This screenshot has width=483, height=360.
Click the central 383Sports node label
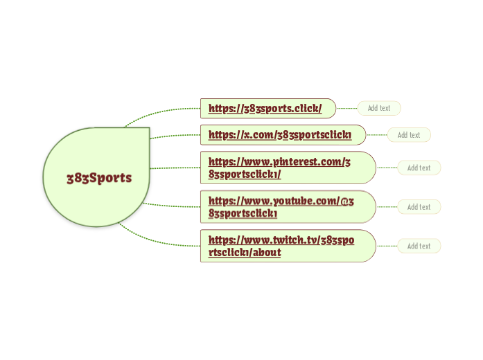click(99, 178)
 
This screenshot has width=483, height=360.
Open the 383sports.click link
click(265, 108)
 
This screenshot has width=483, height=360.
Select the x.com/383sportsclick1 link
click(280, 135)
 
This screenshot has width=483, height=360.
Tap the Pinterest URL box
click(288, 168)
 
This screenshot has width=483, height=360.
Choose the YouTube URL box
click(288, 207)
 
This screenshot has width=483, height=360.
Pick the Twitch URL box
click(288, 246)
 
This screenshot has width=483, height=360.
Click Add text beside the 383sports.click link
click(379, 108)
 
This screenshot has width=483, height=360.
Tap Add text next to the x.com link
click(409, 135)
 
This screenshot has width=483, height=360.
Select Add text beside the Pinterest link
click(419, 168)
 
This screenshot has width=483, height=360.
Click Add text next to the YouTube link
click(419, 207)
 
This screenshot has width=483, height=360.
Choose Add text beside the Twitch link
click(419, 246)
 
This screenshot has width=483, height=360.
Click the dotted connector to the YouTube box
click(172, 206)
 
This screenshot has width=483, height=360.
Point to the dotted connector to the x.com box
click(175, 136)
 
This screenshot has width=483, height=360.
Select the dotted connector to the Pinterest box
click(175, 168)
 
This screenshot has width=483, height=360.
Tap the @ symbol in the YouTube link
click(344, 201)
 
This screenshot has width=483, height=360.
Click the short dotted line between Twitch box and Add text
click(387, 246)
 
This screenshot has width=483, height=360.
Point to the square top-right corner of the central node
click(150, 127)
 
